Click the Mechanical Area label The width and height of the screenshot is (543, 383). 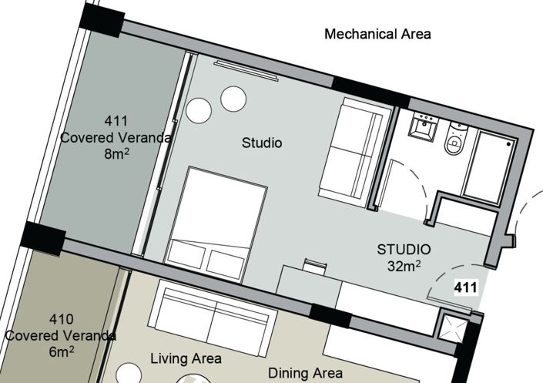377,34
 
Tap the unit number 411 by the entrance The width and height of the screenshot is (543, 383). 465,289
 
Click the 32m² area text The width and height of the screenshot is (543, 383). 403,266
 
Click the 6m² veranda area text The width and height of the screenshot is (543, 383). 61,351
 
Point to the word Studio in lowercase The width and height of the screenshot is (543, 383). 262,143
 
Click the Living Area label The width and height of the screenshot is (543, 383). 186,358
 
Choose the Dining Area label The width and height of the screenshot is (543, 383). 305,373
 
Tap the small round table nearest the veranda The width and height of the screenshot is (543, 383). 197,109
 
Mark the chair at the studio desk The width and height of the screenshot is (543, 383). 313,265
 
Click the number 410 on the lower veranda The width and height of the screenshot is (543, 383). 61,319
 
